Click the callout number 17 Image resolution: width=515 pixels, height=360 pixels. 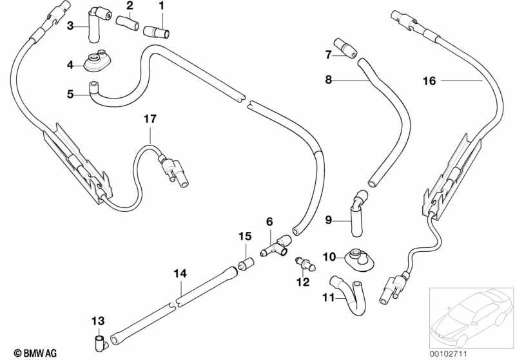pos(150,118)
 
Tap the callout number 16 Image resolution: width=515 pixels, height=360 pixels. pos(429,81)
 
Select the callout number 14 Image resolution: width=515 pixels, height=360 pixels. pos(180,273)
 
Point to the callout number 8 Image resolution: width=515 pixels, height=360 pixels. pos(329,80)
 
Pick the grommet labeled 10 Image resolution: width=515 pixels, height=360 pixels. pos(358,258)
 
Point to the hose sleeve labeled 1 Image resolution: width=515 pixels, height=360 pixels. pos(157,32)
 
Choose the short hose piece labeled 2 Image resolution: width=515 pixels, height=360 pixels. pos(128,23)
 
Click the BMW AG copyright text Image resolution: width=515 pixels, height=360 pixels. pos(35,353)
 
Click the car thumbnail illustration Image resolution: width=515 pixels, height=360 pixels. pos(471,317)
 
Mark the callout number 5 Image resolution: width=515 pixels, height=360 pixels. pos(70,94)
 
